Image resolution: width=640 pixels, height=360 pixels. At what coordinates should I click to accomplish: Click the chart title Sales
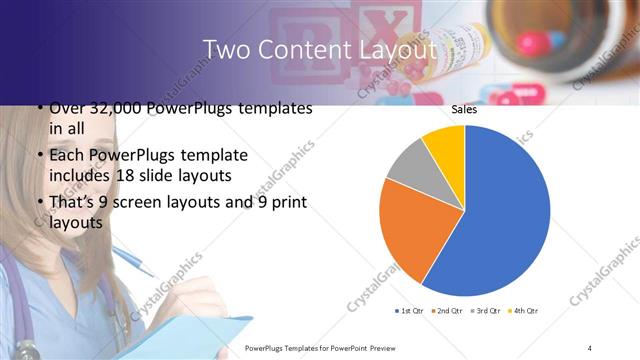(463, 109)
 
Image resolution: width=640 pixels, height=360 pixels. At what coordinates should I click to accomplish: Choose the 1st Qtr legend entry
(412, 311)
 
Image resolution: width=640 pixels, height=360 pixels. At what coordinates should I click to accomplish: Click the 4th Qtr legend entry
(524, 311)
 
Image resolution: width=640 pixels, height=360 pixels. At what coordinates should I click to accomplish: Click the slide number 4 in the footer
(590, 347)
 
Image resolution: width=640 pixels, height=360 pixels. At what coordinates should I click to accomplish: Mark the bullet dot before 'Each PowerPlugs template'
(39, 156)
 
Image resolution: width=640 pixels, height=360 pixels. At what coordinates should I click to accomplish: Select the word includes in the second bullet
(74, 177)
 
